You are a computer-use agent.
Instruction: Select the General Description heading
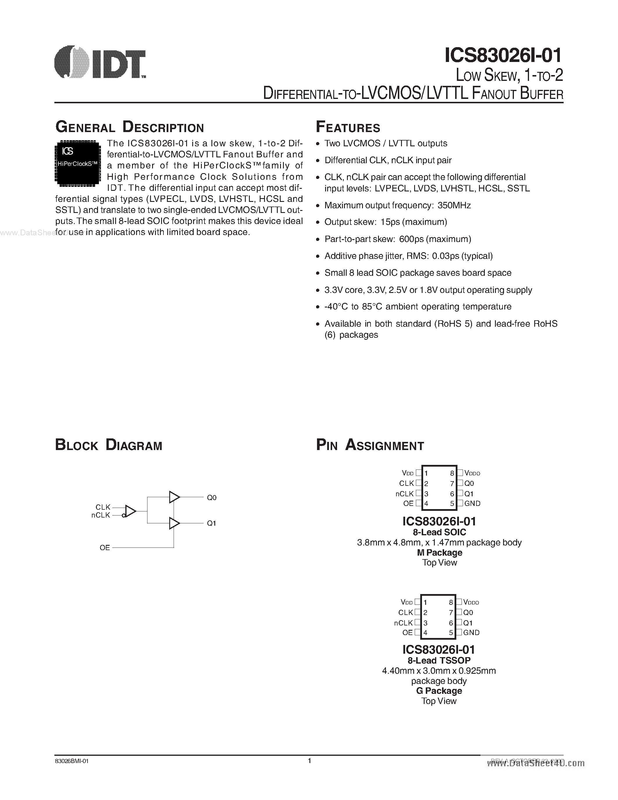130,127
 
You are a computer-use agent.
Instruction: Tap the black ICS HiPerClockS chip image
78,163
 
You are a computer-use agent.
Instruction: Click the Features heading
348,127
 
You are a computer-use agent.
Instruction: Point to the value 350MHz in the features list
454,205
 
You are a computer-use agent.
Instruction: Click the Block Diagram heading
108,445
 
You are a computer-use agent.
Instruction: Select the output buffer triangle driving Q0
174,497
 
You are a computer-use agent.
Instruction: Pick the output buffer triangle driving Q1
174,523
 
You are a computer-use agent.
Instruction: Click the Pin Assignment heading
370,445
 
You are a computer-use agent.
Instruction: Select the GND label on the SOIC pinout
472,503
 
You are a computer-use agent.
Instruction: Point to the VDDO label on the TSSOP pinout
471,602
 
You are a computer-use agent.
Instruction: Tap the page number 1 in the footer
309,761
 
